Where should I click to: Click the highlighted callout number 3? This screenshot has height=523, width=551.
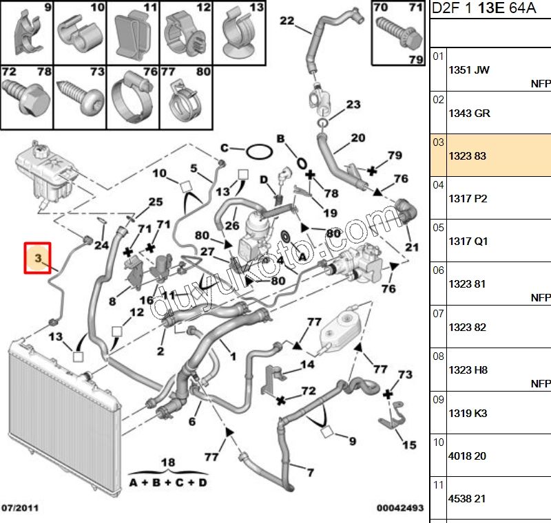[39, 258]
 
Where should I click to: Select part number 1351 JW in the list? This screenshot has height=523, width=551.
[469, 70]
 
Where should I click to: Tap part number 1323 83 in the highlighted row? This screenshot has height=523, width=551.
[467, 156]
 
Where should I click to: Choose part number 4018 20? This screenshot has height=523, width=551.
[467, 456]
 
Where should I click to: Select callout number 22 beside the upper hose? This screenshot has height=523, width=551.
[287, 21]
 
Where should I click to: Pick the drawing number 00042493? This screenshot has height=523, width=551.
[399, 508]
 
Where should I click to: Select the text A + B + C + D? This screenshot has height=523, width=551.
[168, 482]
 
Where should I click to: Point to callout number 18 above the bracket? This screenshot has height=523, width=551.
[167, 462]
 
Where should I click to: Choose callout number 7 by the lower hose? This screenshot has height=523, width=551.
[310, 473]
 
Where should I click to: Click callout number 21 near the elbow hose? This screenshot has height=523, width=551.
[411, 247]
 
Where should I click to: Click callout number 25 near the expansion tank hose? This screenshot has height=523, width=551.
[156, 202]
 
